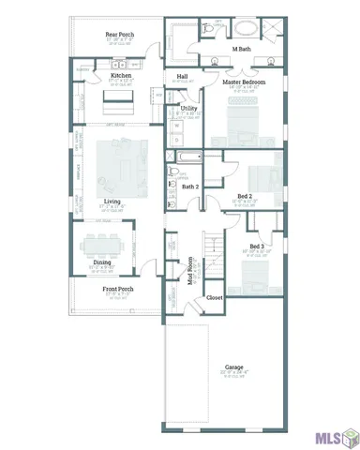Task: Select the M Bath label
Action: coord(241,48)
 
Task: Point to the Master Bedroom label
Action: coord(244,82)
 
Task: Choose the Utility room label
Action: coord(188,109)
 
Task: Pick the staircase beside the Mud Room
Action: coord(216,253)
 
